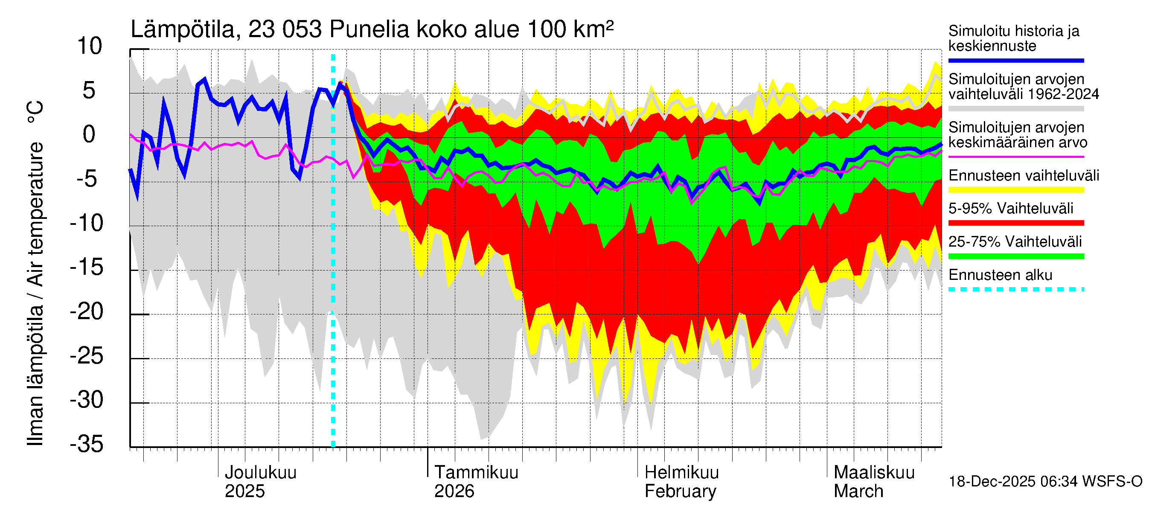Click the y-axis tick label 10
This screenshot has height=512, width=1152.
(90, 47)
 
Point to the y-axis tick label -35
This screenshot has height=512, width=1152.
(87, 445)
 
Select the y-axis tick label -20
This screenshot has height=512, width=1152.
(87, 311)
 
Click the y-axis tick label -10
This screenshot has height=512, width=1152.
(87, 223)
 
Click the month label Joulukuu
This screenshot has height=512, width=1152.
(260, 473)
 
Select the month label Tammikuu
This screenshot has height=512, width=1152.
(476, 473)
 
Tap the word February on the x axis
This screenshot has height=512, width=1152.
(680, 492)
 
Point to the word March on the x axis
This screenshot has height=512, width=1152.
(858, 492)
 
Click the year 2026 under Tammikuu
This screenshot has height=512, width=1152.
(454, 492)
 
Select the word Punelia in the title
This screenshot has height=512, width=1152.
(369, 29)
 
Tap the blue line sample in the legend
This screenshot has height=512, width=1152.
(1015, 60)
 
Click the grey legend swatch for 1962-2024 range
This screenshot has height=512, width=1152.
(1015, 109)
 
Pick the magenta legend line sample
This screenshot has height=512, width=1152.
(1015, 157)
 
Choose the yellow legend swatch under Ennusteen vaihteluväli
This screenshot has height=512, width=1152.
(1015, 190)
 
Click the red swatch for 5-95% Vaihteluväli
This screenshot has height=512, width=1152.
(1015, 223)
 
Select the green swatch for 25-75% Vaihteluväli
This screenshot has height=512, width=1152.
(1015, 256)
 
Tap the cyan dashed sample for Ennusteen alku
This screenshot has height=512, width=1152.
(1015, 289)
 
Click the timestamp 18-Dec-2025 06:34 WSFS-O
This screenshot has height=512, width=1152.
(1045, 482)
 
